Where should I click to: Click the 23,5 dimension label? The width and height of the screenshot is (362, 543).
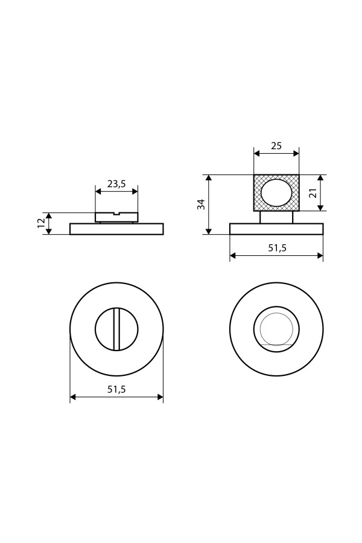click(116, 184)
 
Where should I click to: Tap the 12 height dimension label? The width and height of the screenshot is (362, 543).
click(40, 223)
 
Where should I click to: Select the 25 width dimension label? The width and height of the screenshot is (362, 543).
click(276, 146)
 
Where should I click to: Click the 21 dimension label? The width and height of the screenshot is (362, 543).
click(313, 193)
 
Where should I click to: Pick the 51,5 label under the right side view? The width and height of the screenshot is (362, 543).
click(278, 247)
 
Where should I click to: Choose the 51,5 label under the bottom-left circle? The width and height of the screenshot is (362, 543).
click(116, 389)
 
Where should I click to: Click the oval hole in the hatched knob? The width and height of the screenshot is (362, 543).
click(276, 193)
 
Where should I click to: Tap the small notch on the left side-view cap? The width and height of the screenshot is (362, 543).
click(116, 214)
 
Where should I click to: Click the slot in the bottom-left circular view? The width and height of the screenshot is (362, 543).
click(116, 329)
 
